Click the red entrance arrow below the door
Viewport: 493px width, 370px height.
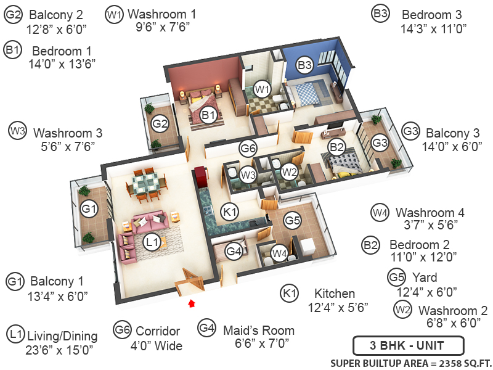(x=192, y=303)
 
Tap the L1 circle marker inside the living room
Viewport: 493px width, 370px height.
(x=152, y=243)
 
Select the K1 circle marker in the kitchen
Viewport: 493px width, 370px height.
(x=230, y=212)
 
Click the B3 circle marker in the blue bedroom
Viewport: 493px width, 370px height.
(x=305, y=64)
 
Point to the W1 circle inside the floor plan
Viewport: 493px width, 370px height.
(x=263, y=89)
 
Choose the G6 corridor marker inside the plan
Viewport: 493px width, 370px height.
(x=248, y=148)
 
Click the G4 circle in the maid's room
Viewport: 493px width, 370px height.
(x=234, y=251)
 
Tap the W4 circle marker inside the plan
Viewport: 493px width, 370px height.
(x=280, y=252)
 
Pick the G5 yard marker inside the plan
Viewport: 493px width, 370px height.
(x=292, y=220)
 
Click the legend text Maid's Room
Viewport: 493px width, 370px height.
(x=258, y=330)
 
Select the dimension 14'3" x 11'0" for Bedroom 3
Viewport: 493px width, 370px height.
(x=434, y=28)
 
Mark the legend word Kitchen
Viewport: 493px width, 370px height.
(x=335, y=293)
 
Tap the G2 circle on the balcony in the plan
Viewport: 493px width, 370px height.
(x=160, y=124)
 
